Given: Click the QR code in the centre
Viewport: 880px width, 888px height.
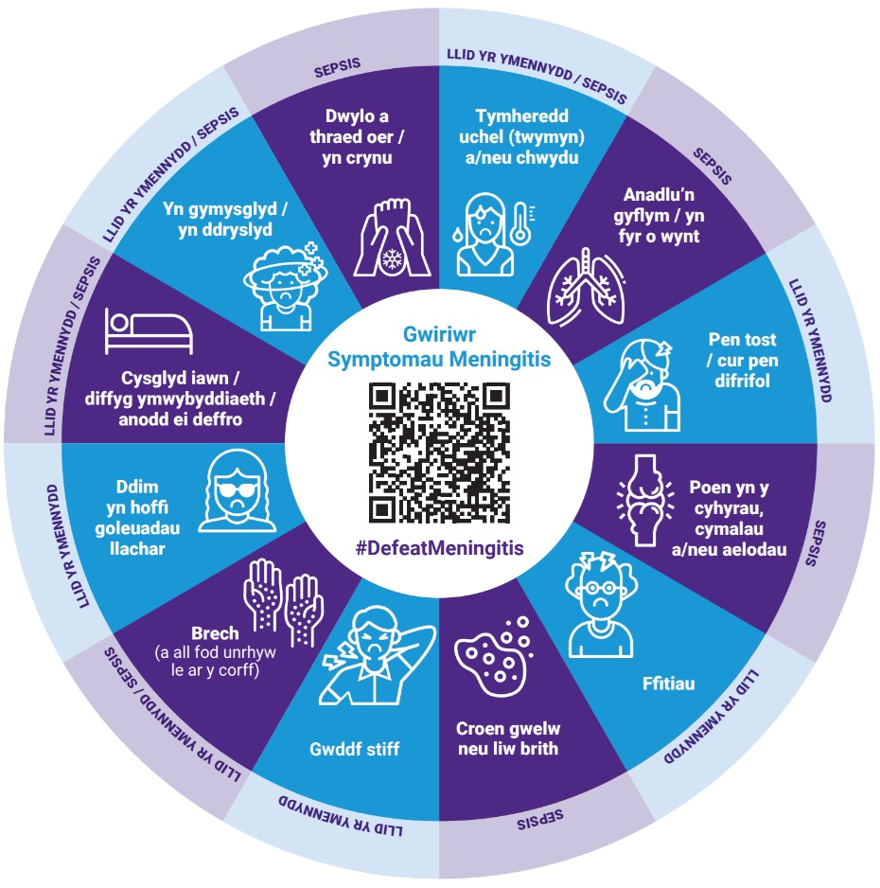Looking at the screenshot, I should (438, 452).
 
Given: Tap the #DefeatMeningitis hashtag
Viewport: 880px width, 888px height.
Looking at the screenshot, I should (439, 548).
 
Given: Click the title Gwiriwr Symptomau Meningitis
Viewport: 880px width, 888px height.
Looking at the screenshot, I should (439, 346).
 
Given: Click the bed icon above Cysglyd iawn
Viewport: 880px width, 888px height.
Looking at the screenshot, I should (149, 331).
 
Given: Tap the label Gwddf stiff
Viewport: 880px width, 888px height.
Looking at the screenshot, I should (356, 749).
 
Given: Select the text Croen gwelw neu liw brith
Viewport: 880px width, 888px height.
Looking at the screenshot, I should (508, 738).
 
